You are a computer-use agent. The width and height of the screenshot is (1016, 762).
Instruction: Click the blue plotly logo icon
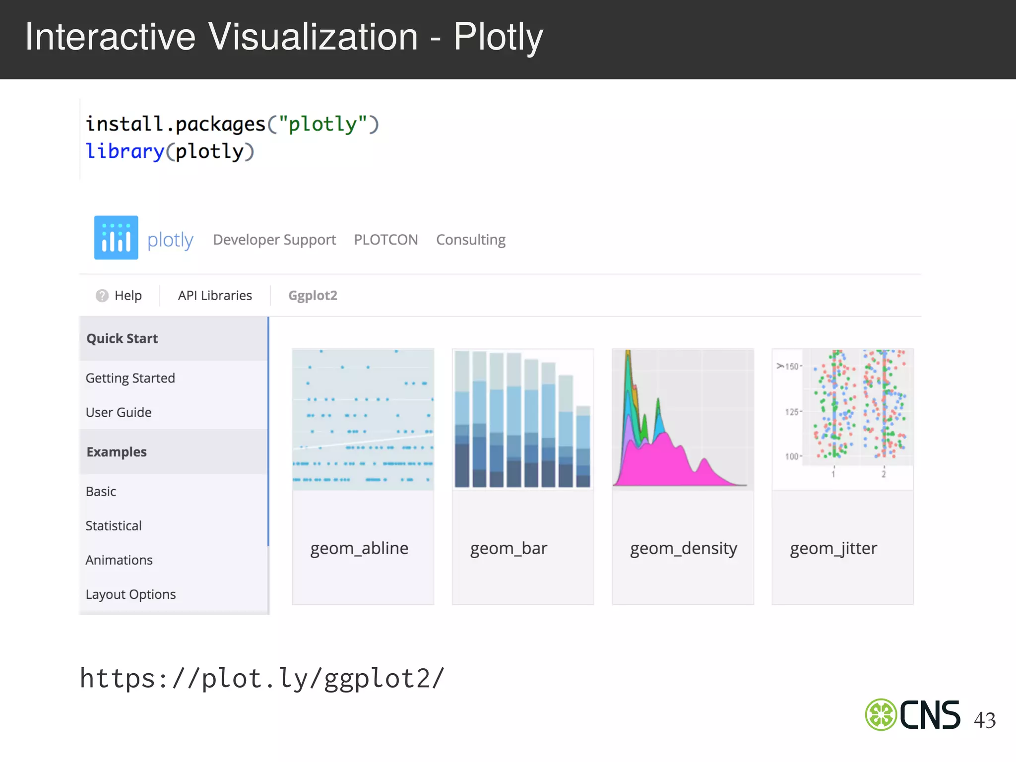tap(116, 238)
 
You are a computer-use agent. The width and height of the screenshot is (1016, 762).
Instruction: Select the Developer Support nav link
tap(274, 240)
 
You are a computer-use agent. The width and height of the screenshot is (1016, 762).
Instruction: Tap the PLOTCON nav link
tap(386, 240)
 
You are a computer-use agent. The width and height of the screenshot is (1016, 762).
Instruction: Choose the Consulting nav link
tap(471, 240)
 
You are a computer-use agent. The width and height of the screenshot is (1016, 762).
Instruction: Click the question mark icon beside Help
tap(102, 296)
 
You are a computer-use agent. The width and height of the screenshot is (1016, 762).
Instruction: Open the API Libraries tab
tap(215, 296)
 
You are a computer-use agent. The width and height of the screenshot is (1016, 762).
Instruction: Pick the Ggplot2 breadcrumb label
tap(313, 296)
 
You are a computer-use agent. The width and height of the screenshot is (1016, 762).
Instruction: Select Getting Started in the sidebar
tap(130, 379)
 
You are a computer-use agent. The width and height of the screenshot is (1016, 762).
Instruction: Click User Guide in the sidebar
tap(118, 413)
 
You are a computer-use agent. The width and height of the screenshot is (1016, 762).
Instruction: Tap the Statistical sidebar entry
tap(114, 526)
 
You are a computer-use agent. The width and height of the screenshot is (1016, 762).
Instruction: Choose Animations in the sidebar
tap(119, 560)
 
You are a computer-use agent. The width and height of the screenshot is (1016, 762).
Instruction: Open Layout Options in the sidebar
tap(130, 594)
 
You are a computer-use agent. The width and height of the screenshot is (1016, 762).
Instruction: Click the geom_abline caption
tap(359, 549)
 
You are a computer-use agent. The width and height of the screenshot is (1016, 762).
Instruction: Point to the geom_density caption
tap(683, 549)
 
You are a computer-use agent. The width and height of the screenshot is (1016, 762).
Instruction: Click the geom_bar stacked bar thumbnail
tap(523, 419)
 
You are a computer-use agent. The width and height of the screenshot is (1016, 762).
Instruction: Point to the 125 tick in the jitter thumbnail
tap(792, 412)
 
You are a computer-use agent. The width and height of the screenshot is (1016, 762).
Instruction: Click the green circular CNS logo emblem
tap(881, 715)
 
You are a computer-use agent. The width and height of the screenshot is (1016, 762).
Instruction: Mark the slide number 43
tap(985, 720)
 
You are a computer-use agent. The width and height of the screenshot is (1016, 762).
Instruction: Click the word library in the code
tap(125, 151)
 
